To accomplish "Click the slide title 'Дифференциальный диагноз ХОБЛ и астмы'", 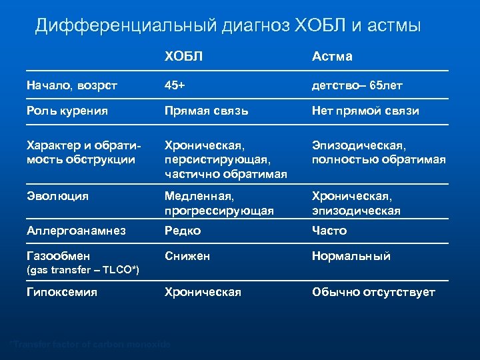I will click(x=228, y=26).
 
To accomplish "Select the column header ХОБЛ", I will click(x=184, y=57).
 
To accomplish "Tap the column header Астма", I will click(x=333, y=57).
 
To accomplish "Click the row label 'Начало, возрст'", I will click(x=72, y=85).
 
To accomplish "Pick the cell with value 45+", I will click(x=175, y=85).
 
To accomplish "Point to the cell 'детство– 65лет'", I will click(x=357, y=85).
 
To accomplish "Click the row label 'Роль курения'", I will click(x=67, y=111).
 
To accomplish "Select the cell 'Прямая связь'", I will click(x=207, y=111).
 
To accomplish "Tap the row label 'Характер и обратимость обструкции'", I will click(x=80, y=152).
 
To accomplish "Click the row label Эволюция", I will click(x=57, y=197).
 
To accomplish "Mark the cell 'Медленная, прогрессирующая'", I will click(x=219, y=203).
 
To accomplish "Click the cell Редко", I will click(x=183, y=231).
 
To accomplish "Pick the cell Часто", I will click(x=329, y=231).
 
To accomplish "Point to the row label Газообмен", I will click(x=58, y=256).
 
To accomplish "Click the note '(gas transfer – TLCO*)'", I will click(x=83, y=269).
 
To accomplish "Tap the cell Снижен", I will click(x=187, y=256).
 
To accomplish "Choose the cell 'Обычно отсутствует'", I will click(x=373, y=292).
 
